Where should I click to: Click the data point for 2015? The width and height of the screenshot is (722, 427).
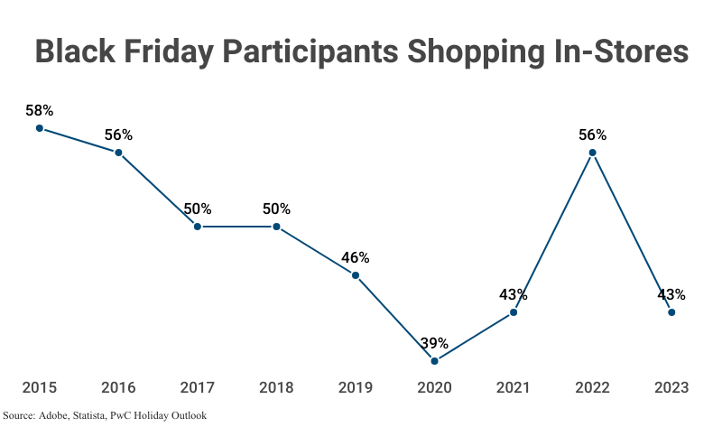[40, 128]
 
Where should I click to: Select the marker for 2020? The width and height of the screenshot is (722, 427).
[434, 361]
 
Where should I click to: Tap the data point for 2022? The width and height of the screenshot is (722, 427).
[592, 153]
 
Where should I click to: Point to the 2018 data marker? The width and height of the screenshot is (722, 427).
[276, 227]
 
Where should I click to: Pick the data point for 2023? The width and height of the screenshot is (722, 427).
[671, 312]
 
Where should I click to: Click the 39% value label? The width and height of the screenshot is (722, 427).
[434, 343]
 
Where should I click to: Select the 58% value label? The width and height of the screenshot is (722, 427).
[40, 110]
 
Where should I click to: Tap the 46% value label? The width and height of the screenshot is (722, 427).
[356, 257]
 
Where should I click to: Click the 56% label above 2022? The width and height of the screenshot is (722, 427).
[592, 135]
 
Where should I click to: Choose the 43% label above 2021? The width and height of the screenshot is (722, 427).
[514, 294]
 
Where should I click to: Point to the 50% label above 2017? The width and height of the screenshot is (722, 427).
[198, 209]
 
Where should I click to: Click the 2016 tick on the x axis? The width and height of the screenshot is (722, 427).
[118, 387]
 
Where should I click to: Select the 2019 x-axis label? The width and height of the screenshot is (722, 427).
[356, 387]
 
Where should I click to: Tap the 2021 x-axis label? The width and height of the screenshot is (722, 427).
[514, 387]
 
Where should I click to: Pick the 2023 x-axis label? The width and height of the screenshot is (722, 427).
[671, 387]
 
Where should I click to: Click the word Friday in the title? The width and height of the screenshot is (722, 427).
[159, 51]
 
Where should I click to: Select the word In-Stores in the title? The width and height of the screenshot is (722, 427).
[610, 51]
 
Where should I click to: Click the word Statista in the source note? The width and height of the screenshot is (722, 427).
[91, 416]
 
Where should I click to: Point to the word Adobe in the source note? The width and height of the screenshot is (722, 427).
[51, 416]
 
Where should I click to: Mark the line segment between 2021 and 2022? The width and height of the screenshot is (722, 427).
[552, 233]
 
